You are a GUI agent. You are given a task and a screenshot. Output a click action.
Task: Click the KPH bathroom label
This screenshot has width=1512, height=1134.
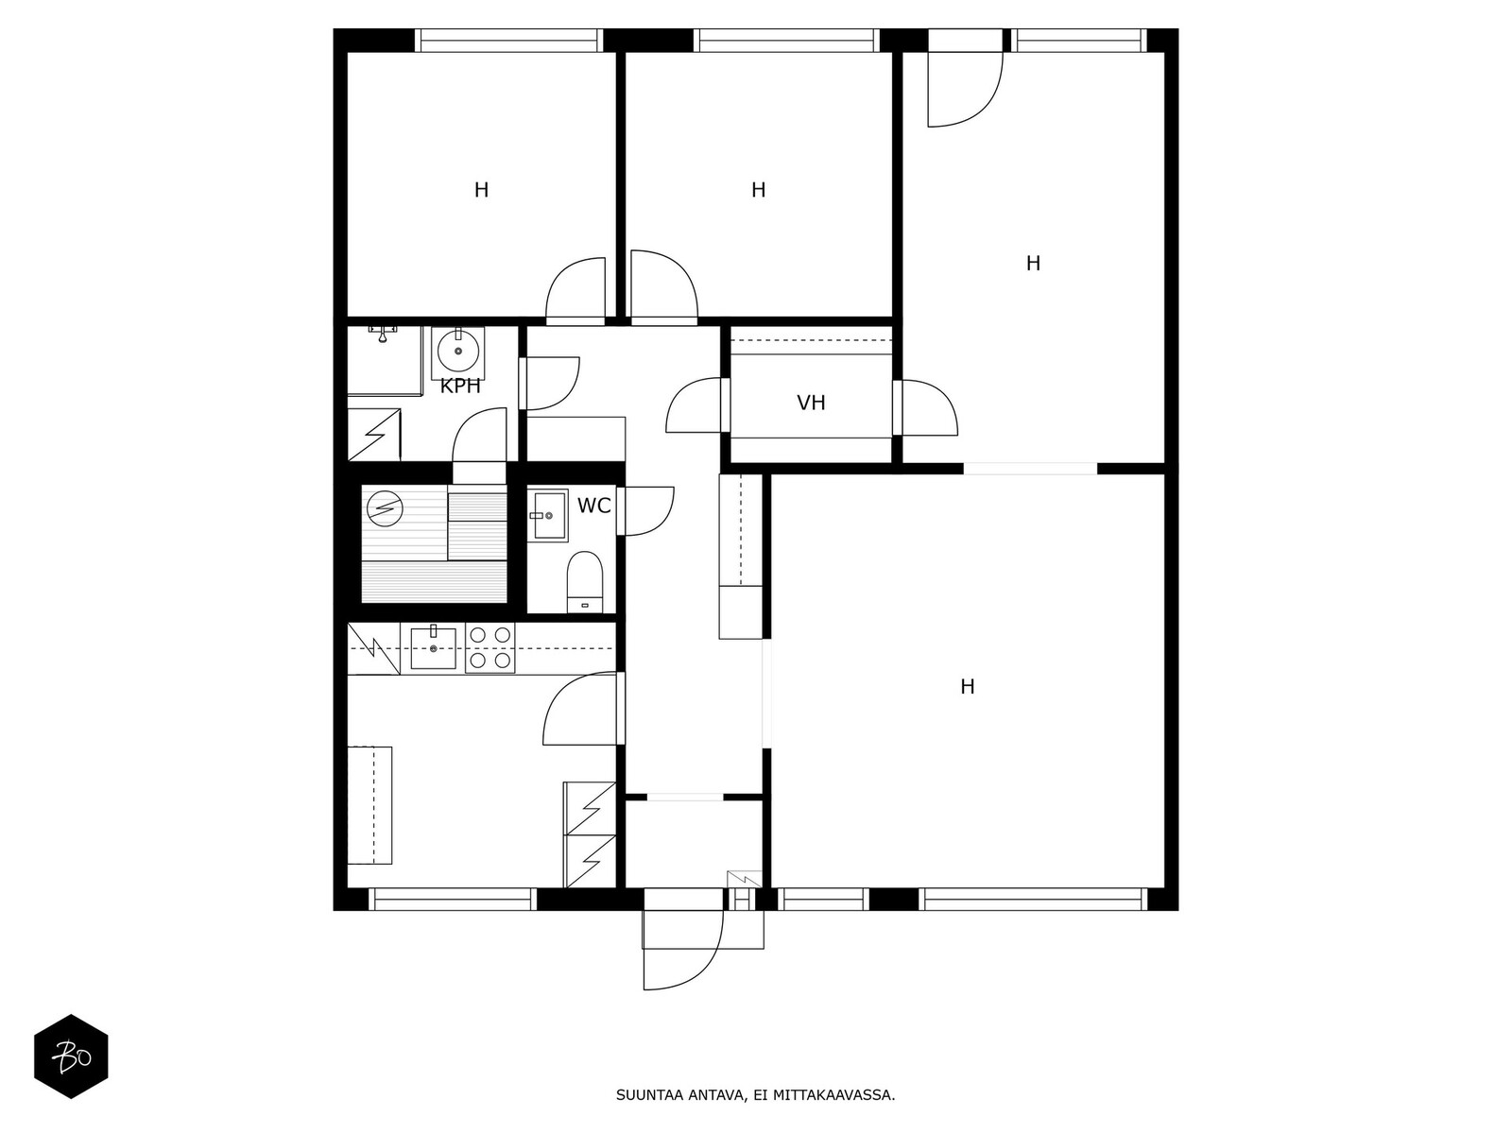[460, 387]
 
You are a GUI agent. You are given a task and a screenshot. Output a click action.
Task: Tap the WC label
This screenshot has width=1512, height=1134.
[593, 507]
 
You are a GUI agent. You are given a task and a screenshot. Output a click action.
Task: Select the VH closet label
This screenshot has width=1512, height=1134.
[811, 404]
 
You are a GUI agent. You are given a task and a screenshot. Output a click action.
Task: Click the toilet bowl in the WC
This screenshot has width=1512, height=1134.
[585, 581]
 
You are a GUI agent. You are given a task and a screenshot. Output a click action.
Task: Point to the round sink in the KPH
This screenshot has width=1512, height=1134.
[458, 352]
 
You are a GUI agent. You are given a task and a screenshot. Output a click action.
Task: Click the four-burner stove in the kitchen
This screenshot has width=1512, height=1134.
[490, 648]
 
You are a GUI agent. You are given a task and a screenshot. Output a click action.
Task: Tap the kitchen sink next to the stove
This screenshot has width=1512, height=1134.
[434, 647]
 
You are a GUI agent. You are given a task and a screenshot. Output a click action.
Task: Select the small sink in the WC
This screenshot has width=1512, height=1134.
[546, 515]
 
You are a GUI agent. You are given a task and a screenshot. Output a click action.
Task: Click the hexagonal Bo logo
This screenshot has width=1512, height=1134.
[71, 1056]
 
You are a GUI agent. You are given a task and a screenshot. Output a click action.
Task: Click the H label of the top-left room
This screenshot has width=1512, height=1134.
[481, 190]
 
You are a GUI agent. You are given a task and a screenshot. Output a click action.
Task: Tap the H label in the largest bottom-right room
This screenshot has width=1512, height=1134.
[967, 687]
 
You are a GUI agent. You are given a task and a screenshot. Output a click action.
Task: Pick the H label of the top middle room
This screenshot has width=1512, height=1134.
[758, 190]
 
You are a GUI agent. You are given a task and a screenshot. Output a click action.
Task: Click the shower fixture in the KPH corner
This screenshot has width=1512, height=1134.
[383, 333]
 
